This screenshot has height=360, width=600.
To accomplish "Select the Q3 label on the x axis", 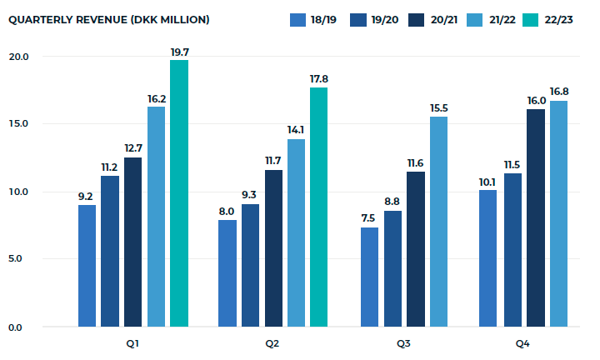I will pyautogui.click(x=403, y=343).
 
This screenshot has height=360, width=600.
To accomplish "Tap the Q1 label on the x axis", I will pyautogui.click(x=132, y=343).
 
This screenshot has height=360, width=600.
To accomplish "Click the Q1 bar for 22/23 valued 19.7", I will pyautogui.click(x=179, y=193).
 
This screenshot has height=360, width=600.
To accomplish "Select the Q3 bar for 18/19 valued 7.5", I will pyautogui.click(x=369, y=277).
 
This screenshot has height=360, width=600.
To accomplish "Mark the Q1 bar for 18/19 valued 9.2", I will pyautogui.click(x=87, y=265).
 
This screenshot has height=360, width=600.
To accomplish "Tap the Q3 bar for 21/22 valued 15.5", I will pyautogui.click(x=438, y=222).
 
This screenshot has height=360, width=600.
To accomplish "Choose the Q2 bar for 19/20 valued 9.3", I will pyautogui.click(x=249, y=265).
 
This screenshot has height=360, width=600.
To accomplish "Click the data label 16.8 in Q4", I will pyautogui.click(x=558, y=91).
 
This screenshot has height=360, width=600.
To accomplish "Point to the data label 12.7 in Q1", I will pyautogui.click(x=133, y=147).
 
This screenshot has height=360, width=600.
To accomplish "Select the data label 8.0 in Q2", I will pyautogui.click(x=227, y=211).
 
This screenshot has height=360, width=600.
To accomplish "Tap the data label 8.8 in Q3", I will pyautogui.click(x=392, y=201).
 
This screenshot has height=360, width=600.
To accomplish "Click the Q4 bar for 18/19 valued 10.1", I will pyautogui.click(x=488, y=258).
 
